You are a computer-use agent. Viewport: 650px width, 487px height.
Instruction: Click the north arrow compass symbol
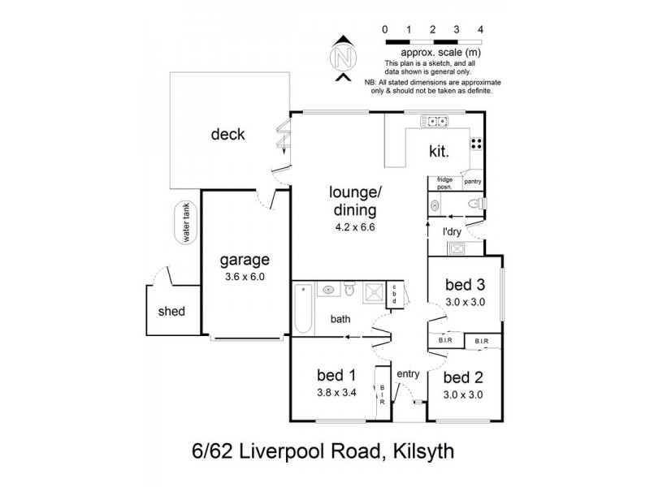(343, 58)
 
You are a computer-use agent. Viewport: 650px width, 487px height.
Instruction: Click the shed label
(171, 311)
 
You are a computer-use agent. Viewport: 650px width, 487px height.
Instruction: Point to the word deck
(227, 135)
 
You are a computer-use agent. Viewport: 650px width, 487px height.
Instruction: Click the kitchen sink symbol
(435, 122)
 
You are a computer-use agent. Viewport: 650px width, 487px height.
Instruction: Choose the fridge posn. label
(444, 182)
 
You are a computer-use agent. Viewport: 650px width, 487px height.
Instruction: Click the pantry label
(473, 182)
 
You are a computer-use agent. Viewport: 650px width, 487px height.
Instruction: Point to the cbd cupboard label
(394, 295)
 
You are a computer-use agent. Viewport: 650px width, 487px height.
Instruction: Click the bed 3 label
(466, 285)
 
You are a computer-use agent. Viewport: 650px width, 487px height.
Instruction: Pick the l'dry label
(453, 233)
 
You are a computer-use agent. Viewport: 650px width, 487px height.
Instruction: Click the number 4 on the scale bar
(482, 29)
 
